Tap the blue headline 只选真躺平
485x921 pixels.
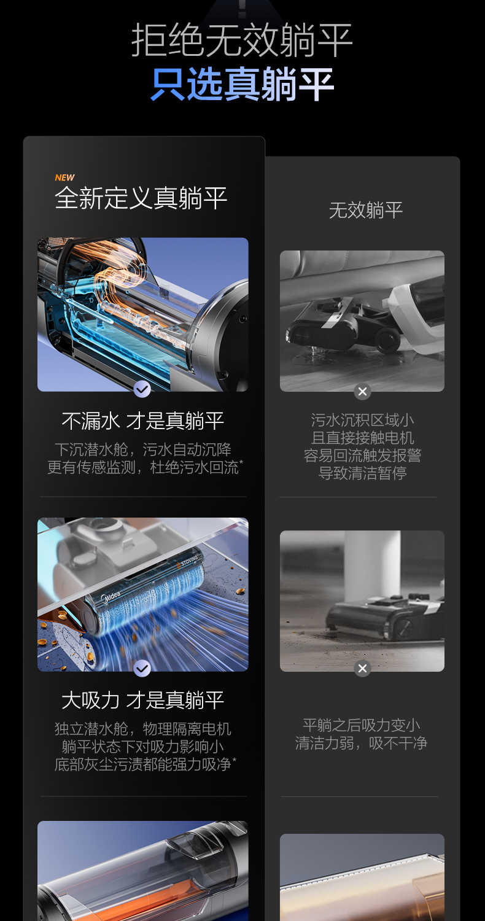(242, 85)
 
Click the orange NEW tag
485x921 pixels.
(64, 177)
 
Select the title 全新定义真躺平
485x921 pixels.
(141, 198)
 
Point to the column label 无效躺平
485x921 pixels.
(365, 210)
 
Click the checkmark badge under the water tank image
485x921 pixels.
(142, 389)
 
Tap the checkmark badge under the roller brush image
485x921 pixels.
(142, 668)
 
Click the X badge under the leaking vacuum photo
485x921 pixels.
(362, 391)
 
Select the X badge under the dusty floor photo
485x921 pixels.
(362, 668)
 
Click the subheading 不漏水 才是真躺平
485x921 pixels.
(142, 421)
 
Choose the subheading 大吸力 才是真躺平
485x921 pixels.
(142, 700)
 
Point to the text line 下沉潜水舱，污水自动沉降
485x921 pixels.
(142, 449)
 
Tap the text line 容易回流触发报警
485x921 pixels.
(362, 456)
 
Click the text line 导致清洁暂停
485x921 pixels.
(362, 473)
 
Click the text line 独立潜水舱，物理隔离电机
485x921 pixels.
(142, 729)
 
